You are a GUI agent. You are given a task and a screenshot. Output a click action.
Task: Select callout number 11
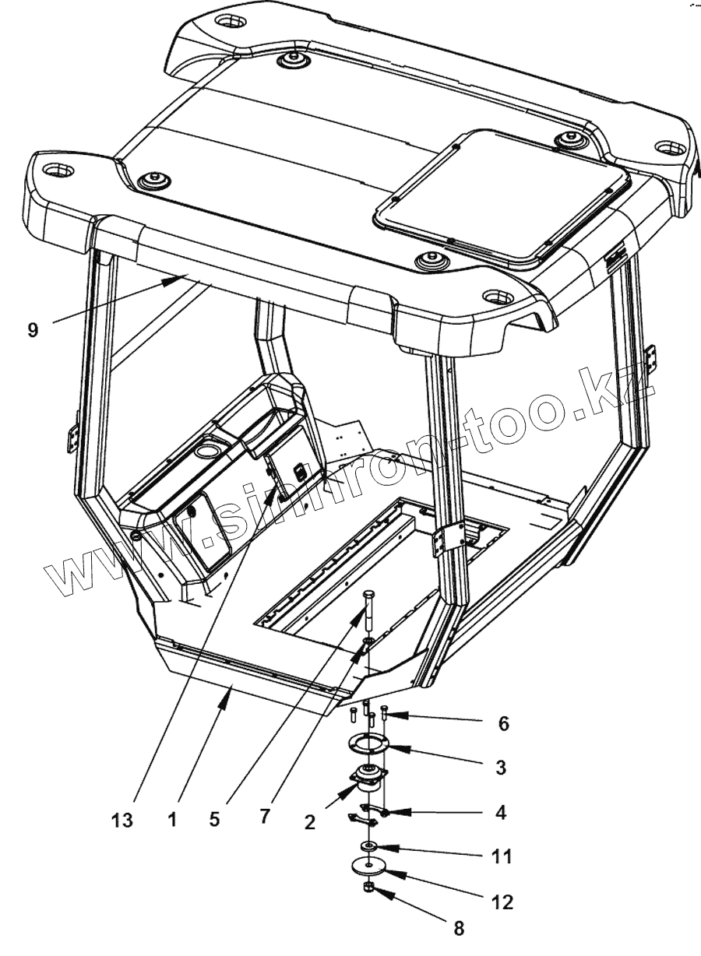502,857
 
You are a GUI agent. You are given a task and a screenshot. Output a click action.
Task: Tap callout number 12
503,902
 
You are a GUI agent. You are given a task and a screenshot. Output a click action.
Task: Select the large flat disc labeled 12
369,865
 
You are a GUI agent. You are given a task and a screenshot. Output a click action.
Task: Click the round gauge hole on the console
209,451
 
